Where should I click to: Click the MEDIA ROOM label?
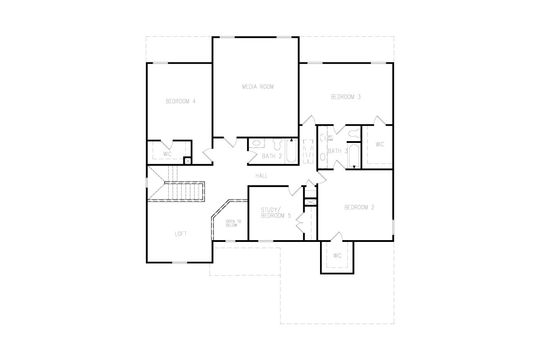click(x=258, y=87)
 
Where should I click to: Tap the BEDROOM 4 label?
click(x=181, y=102)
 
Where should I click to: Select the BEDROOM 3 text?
click(x=346, y=97)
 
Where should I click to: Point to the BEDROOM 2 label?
click(x=359, y=207)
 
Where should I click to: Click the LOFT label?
click(x=181, y=234)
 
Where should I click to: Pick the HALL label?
click(x=262, y=176)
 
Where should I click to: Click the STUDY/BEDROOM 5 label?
click(x=276, y=213)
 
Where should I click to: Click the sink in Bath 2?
click(x=256, y=143)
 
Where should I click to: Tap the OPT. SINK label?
click(x=330, y=138)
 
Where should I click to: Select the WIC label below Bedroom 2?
click(x=337, y=256)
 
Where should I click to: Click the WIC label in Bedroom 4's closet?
click(x=167, y=154)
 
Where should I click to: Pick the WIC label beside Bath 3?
click(x=380, y=144)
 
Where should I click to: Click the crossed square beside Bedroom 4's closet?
click(x=187, y=161)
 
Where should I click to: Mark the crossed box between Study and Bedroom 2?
click(x=310, y=202)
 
